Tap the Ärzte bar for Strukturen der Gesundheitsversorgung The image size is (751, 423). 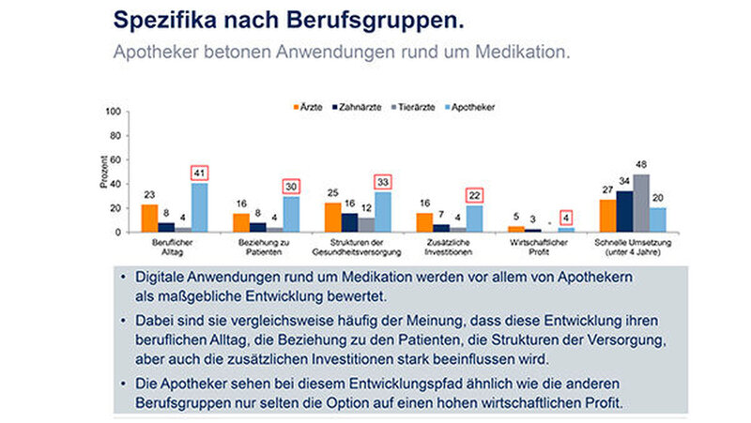click(332, 217)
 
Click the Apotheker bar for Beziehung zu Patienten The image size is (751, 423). click(291, 214)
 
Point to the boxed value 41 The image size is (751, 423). click(199, 173)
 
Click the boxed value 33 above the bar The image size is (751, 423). click(382, 182)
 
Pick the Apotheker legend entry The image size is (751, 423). click(466, 107)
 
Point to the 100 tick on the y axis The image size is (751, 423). click(115, 112)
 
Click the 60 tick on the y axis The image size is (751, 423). click(116, 159)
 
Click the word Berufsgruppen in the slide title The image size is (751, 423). click(386, 19)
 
